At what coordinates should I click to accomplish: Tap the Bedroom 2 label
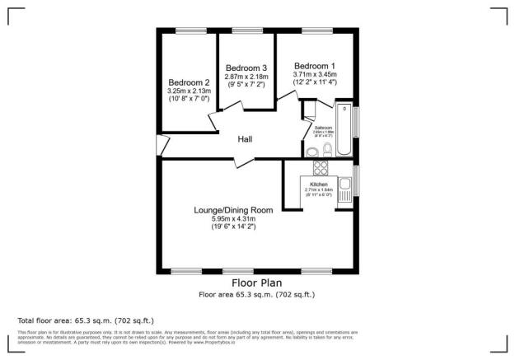point(190,82)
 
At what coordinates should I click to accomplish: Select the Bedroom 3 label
point(246,68)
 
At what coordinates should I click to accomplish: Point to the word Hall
point(245,139)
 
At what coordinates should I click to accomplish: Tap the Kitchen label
point(318,185)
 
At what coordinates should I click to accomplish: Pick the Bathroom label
point(323,129)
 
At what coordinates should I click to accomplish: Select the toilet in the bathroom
point(327,149)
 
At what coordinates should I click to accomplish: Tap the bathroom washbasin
point(311,151)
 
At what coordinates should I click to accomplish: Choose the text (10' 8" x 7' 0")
point(190,99)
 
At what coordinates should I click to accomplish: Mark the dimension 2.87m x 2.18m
point(246,77)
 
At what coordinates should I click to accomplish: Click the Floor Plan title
point(257,283)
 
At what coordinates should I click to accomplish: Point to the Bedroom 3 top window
point(246,31)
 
